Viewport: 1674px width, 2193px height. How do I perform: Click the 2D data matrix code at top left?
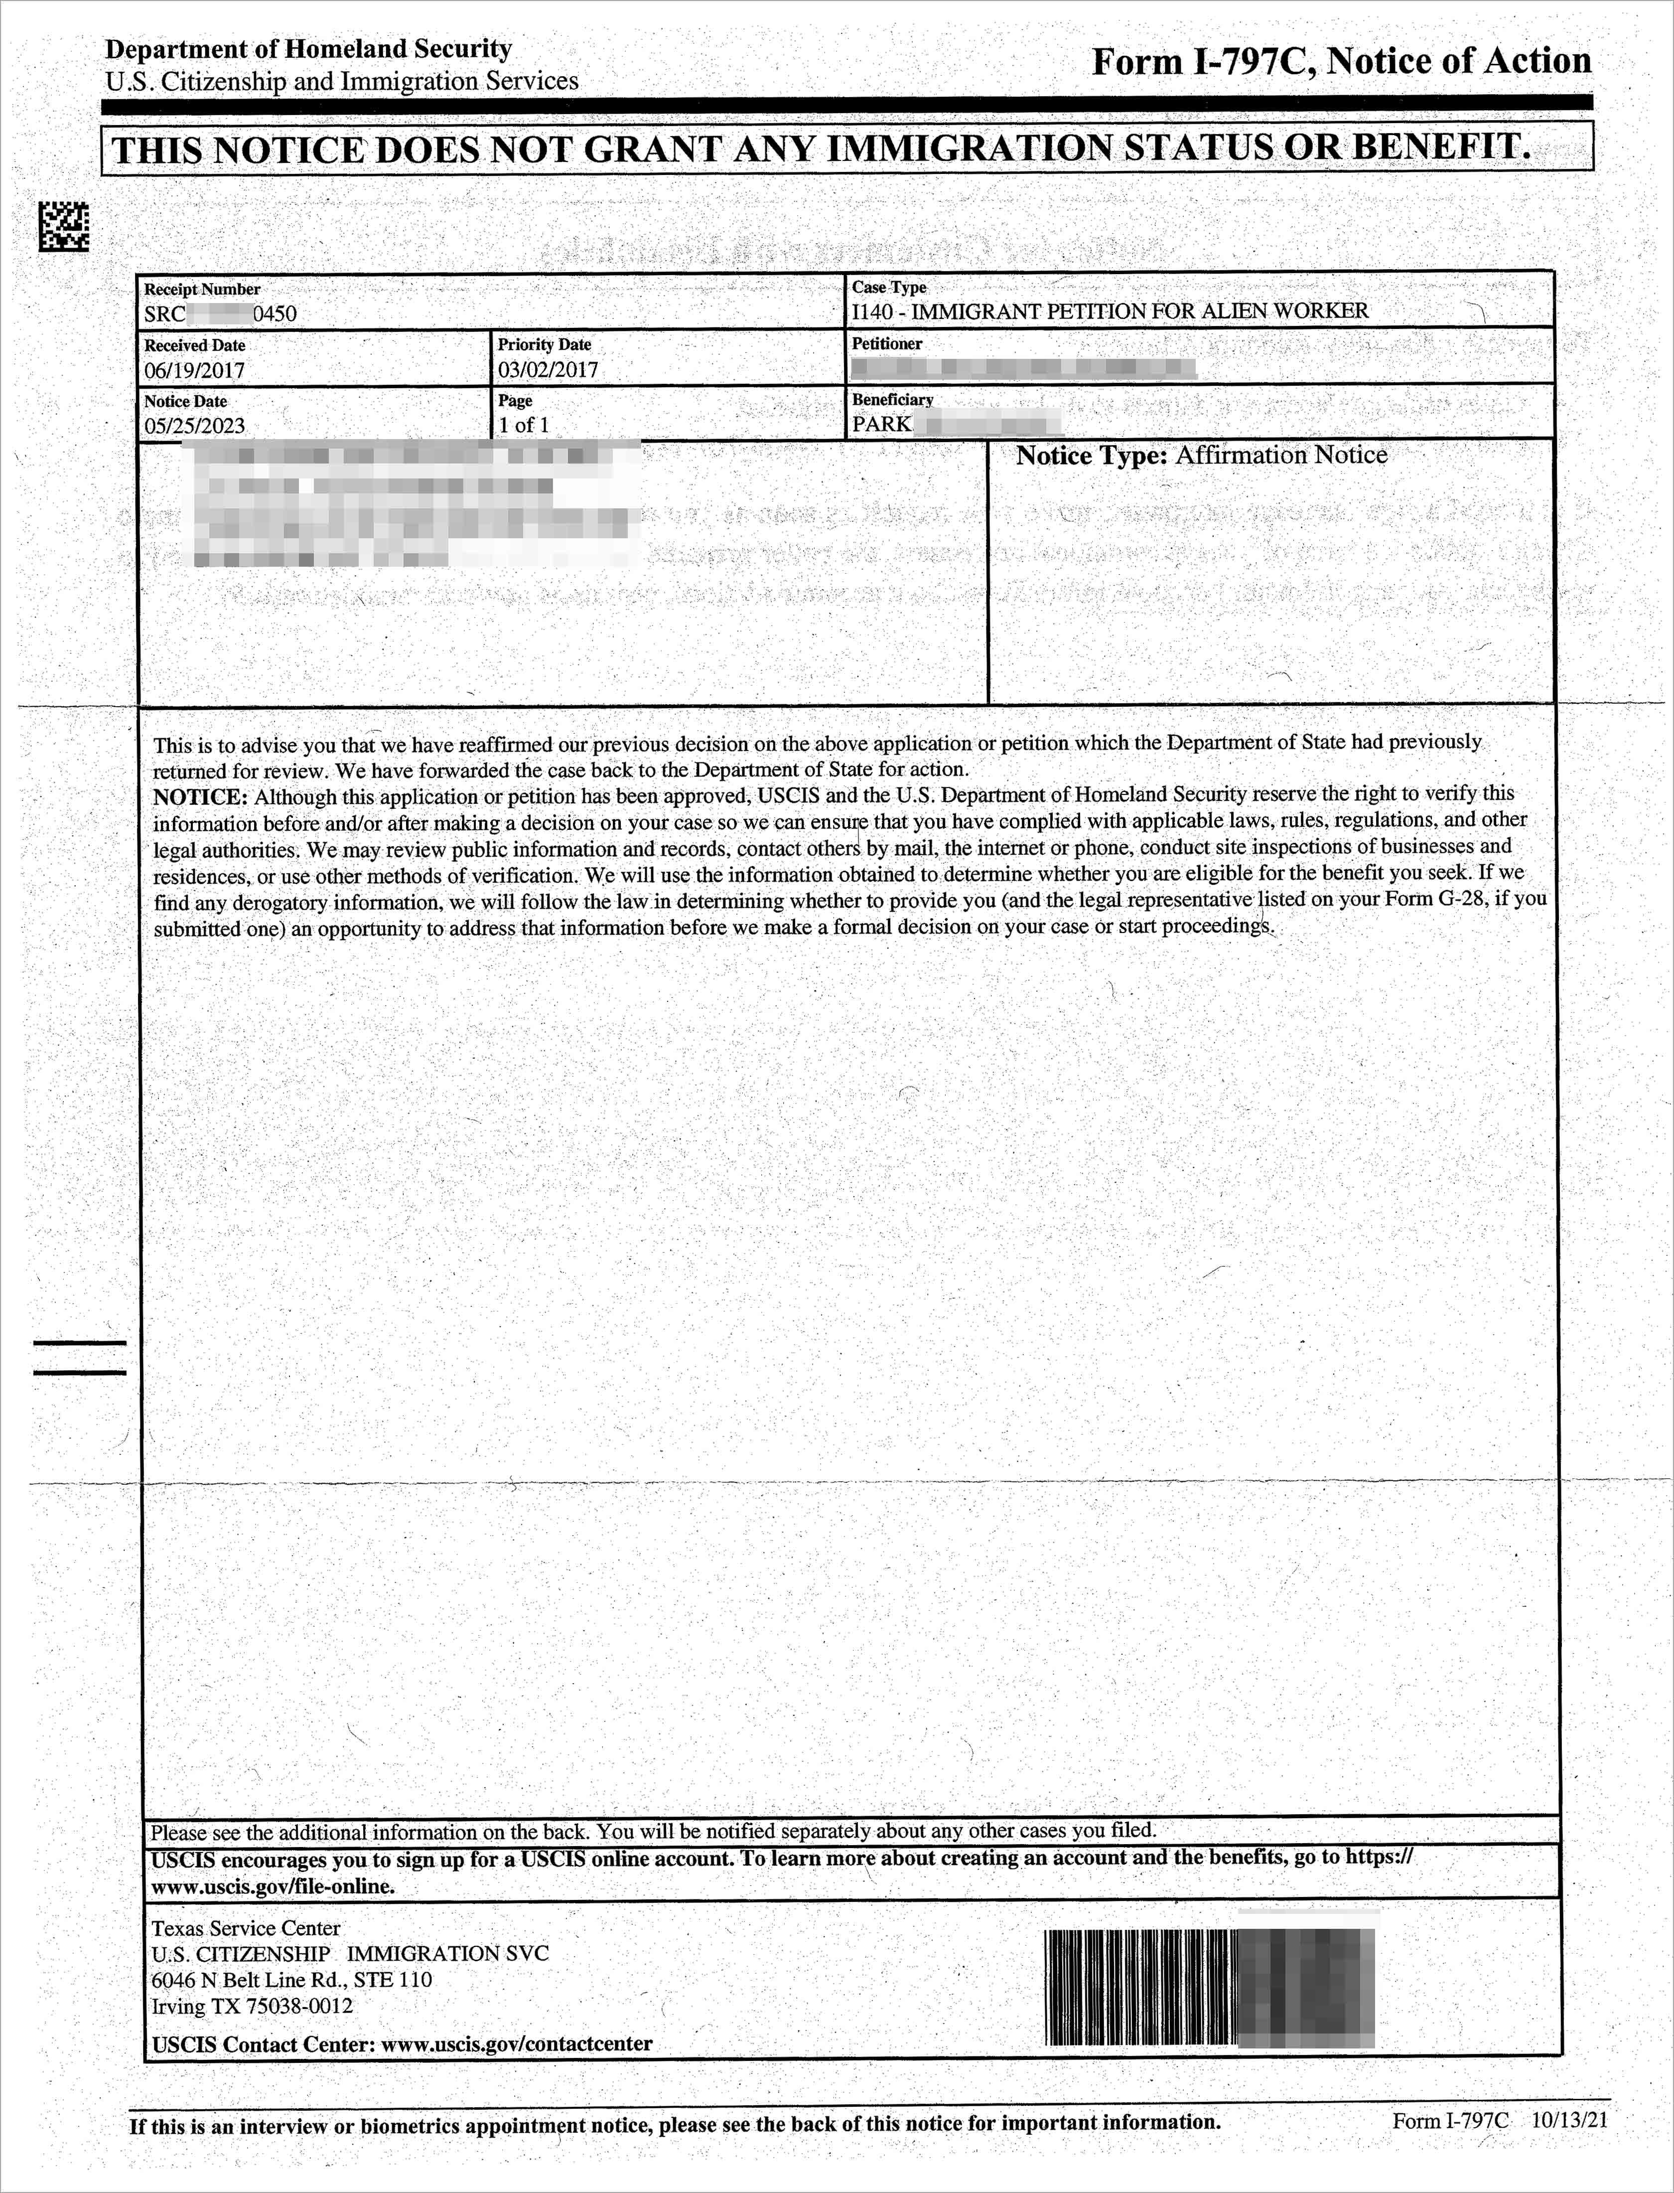[64, 226]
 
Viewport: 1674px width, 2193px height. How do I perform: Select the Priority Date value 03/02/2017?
[548, 370]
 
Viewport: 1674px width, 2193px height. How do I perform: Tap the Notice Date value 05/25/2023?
[194, 426]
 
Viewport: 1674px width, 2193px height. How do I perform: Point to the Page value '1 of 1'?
[524, 425]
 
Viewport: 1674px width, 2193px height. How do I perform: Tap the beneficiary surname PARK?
[881, 424]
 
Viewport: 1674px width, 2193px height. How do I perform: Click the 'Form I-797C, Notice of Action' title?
[1341, 62]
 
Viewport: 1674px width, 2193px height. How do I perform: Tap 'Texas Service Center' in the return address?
[245, 1928]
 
